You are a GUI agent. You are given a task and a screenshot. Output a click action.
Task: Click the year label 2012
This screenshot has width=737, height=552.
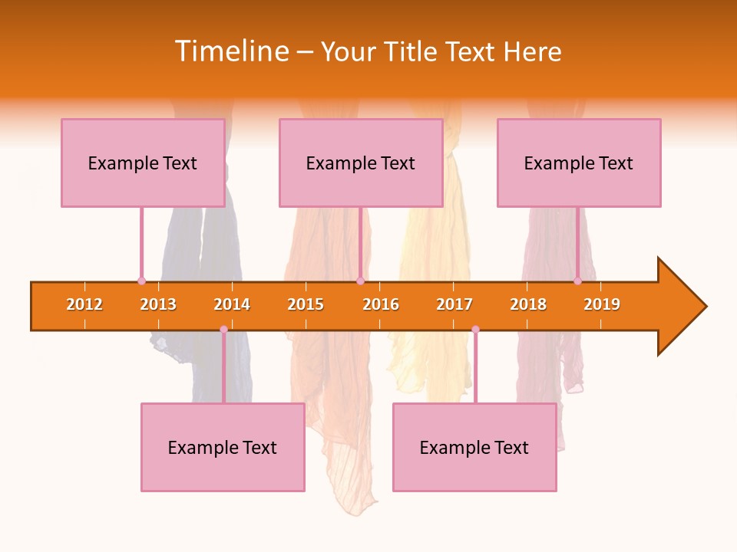(84, 304)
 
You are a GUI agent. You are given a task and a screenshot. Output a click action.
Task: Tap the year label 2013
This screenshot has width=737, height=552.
(158, 304)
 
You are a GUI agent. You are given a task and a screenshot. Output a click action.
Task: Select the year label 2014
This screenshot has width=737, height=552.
(232, 304)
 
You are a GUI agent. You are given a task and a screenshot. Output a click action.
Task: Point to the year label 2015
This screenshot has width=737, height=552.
(306, 304)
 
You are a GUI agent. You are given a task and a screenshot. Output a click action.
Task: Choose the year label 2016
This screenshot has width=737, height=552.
(381, 304)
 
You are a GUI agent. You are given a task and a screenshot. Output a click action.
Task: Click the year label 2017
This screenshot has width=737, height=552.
(454, 304)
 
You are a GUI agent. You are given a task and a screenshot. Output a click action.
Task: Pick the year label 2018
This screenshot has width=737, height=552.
(528, 304)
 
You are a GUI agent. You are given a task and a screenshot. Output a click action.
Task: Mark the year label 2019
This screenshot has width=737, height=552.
(602, 304)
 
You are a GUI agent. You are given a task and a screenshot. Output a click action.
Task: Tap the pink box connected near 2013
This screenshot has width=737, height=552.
(143, 163)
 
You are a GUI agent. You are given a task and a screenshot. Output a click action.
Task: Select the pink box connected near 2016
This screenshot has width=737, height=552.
(361, 163)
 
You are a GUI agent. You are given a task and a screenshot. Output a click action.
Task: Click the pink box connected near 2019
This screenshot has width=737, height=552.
(579, 163)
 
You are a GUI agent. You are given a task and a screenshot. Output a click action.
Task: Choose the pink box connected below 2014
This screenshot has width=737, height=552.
(223, 447)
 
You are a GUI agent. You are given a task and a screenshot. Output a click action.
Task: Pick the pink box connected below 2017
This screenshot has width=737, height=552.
(474, 447)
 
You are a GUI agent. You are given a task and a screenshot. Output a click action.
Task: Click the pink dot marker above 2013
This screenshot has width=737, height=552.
(141, 281)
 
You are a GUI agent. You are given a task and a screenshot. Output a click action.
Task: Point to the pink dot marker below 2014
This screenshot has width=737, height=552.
(223, 330)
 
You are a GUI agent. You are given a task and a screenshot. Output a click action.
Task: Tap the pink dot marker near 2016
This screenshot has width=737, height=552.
(360, 281)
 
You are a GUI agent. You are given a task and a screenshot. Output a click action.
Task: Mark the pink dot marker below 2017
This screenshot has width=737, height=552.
(475, 330)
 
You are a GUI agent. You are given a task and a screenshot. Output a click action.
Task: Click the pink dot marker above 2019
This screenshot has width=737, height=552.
(577, 281)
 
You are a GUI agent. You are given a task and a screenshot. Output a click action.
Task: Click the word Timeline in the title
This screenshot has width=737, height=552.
(231, 51)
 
